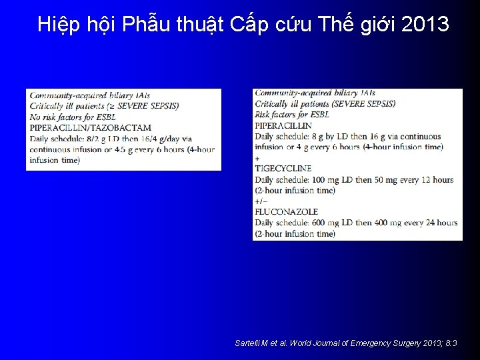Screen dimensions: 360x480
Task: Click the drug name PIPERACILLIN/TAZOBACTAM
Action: pyautogui.click(x=90, y=127)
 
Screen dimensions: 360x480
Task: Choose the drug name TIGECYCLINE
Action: pyautogui.click(x=283, y=169)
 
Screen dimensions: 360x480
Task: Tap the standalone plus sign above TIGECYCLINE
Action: pyautogui.click(x=257, y=158)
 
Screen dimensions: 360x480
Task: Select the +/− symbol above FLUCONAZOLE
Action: pyautogui.click(x=261, y=201)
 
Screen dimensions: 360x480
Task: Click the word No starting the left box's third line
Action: pyautogui.click(x=35, y=117)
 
